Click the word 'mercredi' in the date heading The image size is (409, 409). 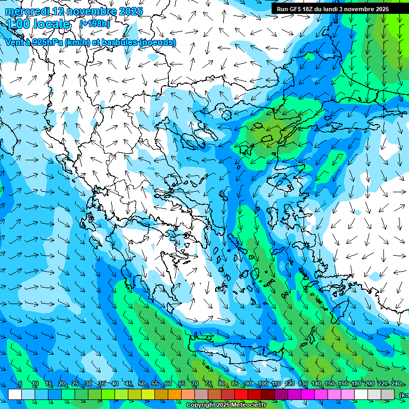pyautogui.click(x=27, y=12)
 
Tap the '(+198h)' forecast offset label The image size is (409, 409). pyautogui.click(x=94, y=24)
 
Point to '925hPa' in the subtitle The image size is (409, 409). pyautogui.click(x=48, y=42)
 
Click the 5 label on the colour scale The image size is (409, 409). pyautogui.click(x=20, y=383)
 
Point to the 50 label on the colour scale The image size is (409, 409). pyautogui.click(x=142, y=383)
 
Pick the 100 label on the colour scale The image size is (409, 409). pyautogui.click(x=263, y=383)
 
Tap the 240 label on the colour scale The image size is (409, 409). pyautogui.click(x=396, y=383)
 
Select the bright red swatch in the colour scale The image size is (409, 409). pyautogui.click(x=241, y=394)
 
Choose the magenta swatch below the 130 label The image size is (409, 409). pyautogui.click(x=308, y=394)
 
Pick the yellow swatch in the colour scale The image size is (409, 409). pyautogui.click(x=148, y=394)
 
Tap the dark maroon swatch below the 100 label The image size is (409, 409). pyautogui.click(x=268, y=394)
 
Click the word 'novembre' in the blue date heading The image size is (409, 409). pyautogui.click(x=85, y=12)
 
